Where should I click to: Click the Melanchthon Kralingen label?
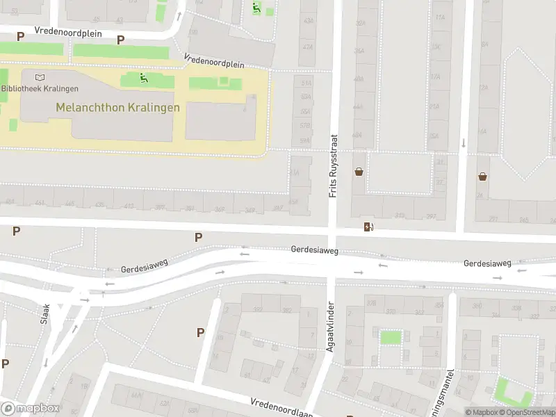click(x=117, y=108)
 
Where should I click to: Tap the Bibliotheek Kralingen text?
click(x=40, y=88)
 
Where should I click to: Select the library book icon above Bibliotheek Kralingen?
click(x=39, y=76)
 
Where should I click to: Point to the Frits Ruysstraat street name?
click(x=333, y=165)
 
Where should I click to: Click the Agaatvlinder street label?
click(x=331, y=326)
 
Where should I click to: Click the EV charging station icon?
click(x=368, y=227)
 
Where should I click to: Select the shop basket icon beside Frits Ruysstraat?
click(x=359, y=172)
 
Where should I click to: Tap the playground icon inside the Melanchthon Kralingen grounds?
click(x=144, y=78)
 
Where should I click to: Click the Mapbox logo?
click(x=30, y=409)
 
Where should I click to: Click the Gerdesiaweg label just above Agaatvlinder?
click(x=314, y=249)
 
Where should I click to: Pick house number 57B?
click(x=305, y=126)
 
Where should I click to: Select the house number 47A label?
click(x=307, y=44)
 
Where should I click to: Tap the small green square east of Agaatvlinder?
click(x=391, y=338)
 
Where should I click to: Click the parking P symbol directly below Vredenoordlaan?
click(x=200, y=332)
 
